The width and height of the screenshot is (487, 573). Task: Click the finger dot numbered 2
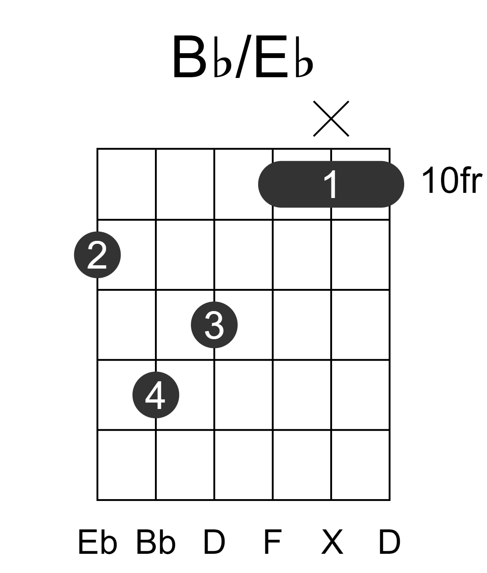[97, 255]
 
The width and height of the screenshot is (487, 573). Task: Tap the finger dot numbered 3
[214, 325]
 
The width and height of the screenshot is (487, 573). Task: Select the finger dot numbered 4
[156, 395]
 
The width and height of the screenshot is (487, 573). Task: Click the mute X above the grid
[331, 119]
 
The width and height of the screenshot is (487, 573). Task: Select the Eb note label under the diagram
[98, 542]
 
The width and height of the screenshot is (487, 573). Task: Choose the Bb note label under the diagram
[156, 542]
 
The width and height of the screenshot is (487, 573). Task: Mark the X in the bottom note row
[332, 542]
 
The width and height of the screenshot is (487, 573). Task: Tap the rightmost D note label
[390, 542]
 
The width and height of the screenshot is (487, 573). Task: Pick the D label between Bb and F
[214, 542]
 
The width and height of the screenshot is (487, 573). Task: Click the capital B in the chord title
[189, 57]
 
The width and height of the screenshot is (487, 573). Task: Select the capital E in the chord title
[271, 57]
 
